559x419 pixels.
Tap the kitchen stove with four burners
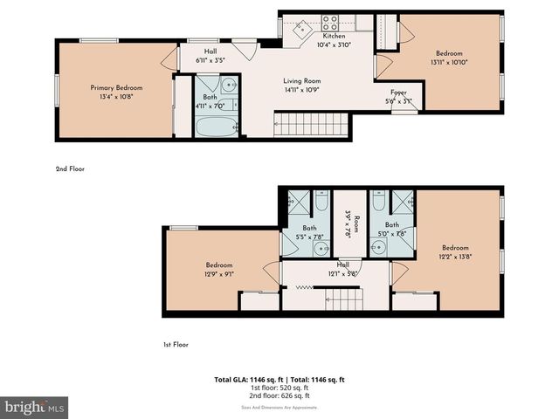(x=331, y=23)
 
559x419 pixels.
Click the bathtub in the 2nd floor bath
(x=215, y=127)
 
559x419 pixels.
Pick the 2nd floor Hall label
(x=210, y=56)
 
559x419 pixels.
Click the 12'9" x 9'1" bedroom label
(x=219, y=269)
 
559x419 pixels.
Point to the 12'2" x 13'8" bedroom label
(x=455, y=251)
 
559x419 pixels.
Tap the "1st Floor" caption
(x=176, y=345)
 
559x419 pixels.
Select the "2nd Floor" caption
(x=70, y=168)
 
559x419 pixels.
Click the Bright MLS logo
(x=35, y=407)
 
